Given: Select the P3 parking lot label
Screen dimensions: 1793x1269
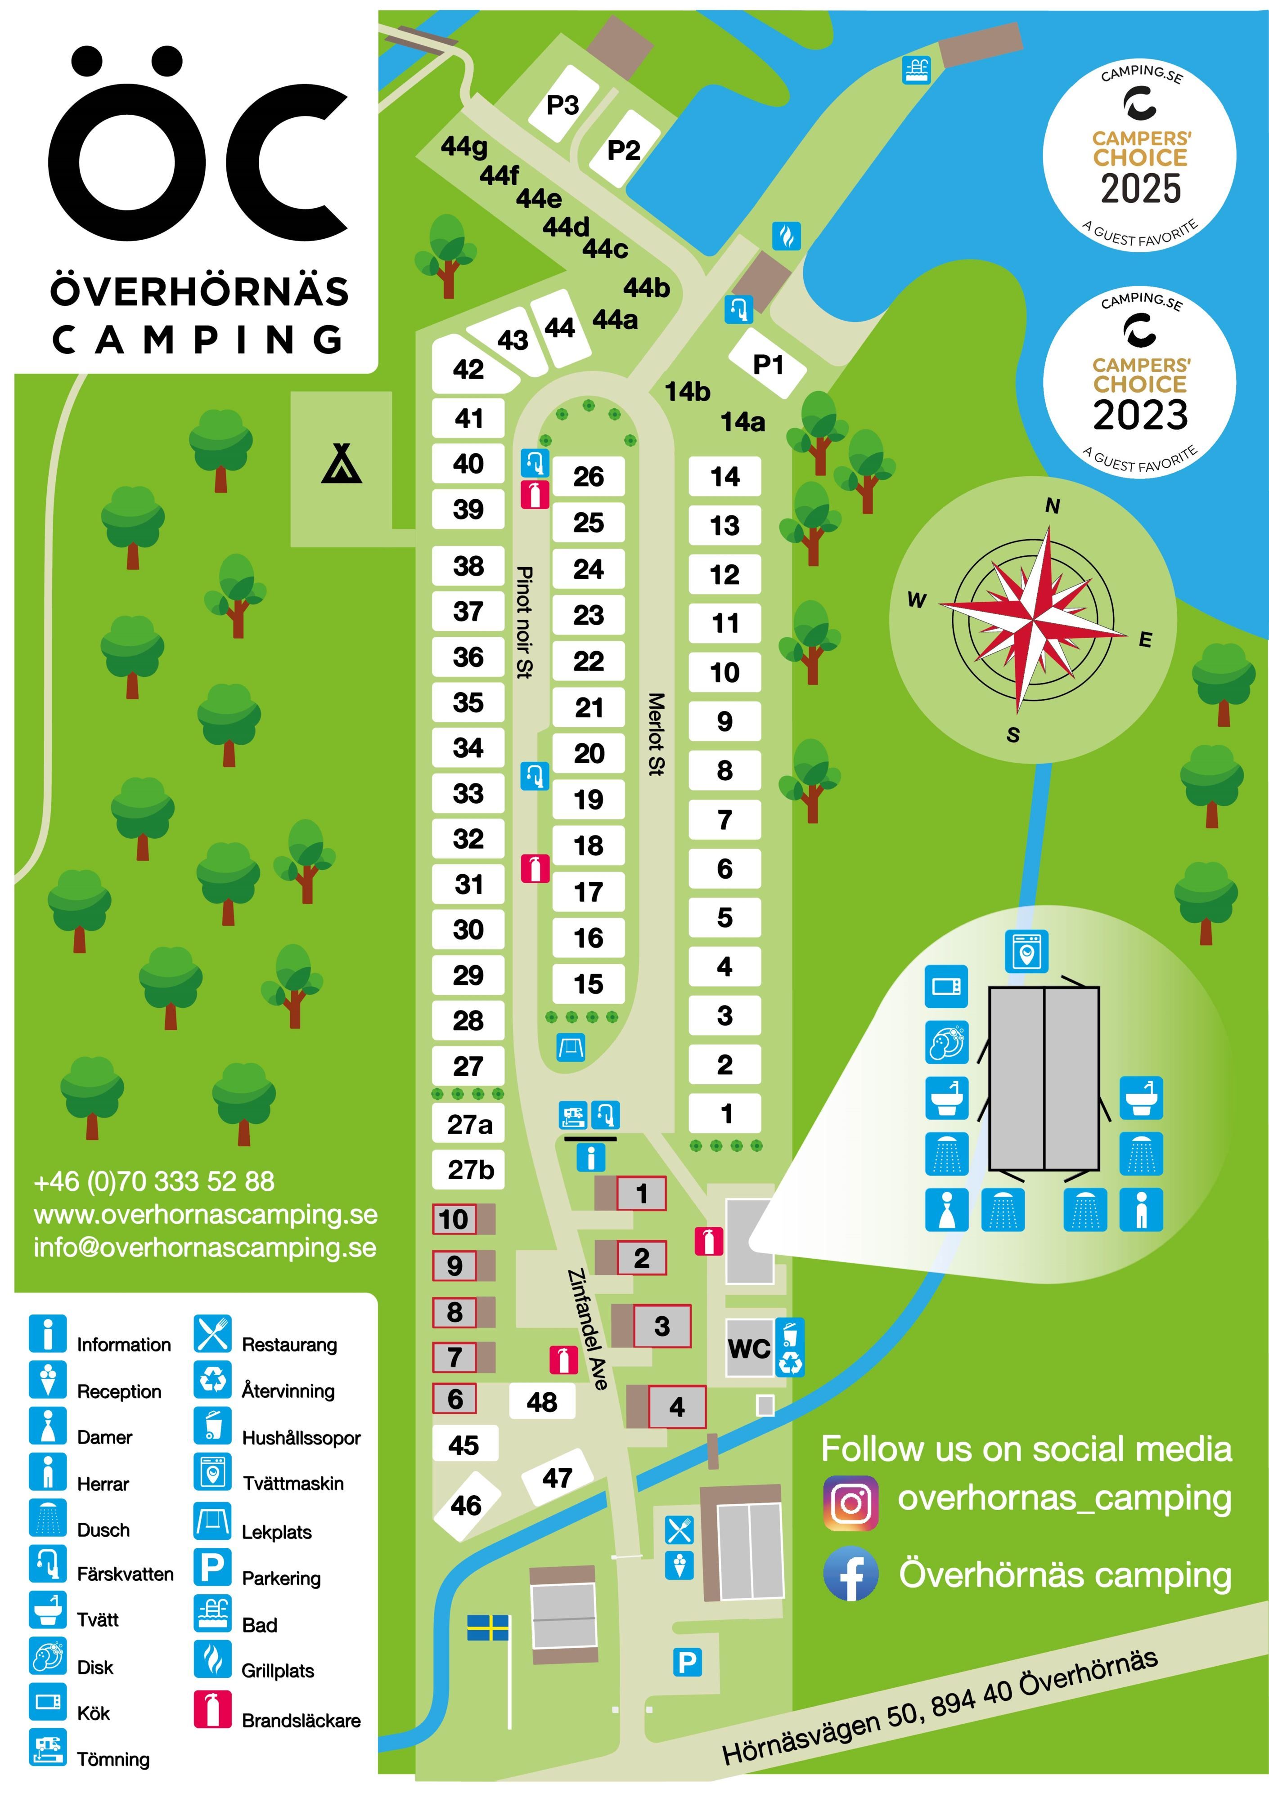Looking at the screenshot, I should pyautogui.click(x=562, y=105).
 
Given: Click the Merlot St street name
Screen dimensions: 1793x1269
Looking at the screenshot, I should pyautogui.click(x=656, y=733).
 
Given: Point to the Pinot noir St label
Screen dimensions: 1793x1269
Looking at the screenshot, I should pyautogui.click(x=524, y=622).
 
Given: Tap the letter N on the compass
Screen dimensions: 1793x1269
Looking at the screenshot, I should pyautogui.click(x=1053, y=506).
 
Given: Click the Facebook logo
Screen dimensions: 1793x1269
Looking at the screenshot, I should pyautogui.click(x=851, y=1574).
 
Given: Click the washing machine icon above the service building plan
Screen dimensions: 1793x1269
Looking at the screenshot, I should pyautogui.click(x=1026, y=951).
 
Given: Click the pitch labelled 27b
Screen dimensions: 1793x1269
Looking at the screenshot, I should pyautogui.click(x=470, y=1169).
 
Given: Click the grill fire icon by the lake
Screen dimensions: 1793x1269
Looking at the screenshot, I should pyautogui.click(x=786, y=235).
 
